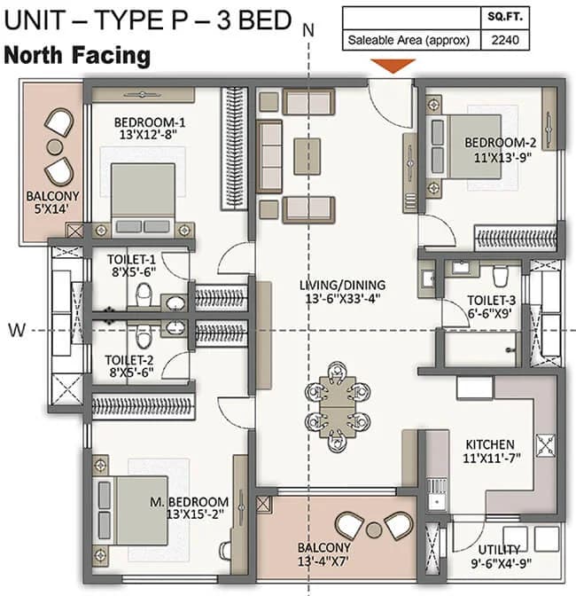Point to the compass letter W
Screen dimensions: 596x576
pos(15,330)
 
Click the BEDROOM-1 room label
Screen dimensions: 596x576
pos(149,123)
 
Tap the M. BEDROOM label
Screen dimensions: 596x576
pos(189,502)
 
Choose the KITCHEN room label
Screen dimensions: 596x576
pos(490,443)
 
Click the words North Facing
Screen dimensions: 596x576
pos(78,56)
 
